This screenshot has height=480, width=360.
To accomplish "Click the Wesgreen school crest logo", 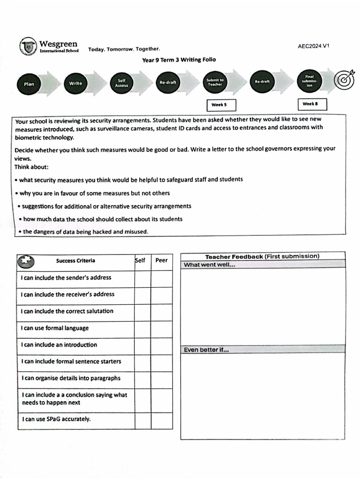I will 28,46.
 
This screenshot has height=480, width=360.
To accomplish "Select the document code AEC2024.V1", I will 314,46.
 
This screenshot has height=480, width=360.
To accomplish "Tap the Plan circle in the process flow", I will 29,84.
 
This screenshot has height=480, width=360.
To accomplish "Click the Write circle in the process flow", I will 75,83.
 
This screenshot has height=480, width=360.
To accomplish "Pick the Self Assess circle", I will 121,83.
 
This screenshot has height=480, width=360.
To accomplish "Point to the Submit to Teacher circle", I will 215,82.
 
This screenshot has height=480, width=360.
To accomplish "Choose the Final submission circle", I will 309,82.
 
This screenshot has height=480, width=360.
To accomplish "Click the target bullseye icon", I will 344,81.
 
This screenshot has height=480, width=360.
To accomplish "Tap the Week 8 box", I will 312,104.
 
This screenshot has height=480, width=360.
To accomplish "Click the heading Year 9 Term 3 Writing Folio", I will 179,60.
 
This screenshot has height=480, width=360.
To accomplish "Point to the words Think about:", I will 31,166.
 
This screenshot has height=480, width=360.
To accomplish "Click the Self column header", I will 141,261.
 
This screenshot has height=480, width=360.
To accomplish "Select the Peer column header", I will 161,261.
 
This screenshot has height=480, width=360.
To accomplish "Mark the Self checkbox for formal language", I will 143,329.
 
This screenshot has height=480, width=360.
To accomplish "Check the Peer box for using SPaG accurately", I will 162,420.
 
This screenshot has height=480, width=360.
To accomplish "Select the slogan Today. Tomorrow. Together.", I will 124,49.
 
